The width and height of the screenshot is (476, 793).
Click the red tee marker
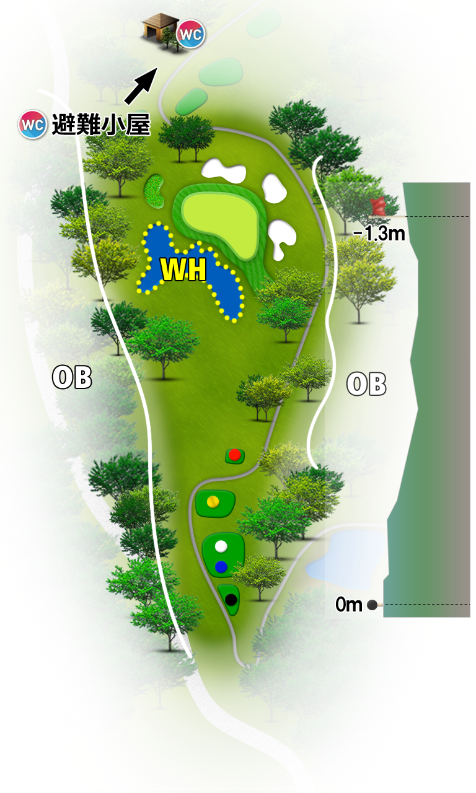(x=234, y=455)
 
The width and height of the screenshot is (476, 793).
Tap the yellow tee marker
(x=213, y=501)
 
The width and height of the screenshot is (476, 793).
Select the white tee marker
(x=221, y=546)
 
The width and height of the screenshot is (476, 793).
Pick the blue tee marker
(x=221, y=567)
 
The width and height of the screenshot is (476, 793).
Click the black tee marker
(x=231, y=599)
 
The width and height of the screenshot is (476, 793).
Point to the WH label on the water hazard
(x=183, y=269)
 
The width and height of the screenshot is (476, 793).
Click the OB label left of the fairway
(x=72, y=377)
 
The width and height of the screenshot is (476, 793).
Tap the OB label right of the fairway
(x=366, y=383)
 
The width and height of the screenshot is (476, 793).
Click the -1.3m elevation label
(x=379, y=234)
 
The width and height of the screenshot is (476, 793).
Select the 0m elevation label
(x=349, y=604)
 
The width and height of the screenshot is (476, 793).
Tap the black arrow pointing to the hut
(x=141, y=86)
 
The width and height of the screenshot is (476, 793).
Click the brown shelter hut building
(x=160, y=31)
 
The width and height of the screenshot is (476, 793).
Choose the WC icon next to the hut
(x=190, y=34)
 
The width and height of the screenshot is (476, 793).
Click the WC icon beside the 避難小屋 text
(x=32, y=125)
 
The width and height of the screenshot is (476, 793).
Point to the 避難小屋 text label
(x=101, y=125)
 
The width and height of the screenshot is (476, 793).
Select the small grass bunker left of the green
(x=154, y=190)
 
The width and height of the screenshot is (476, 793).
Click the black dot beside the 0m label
(x=372, y=605)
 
